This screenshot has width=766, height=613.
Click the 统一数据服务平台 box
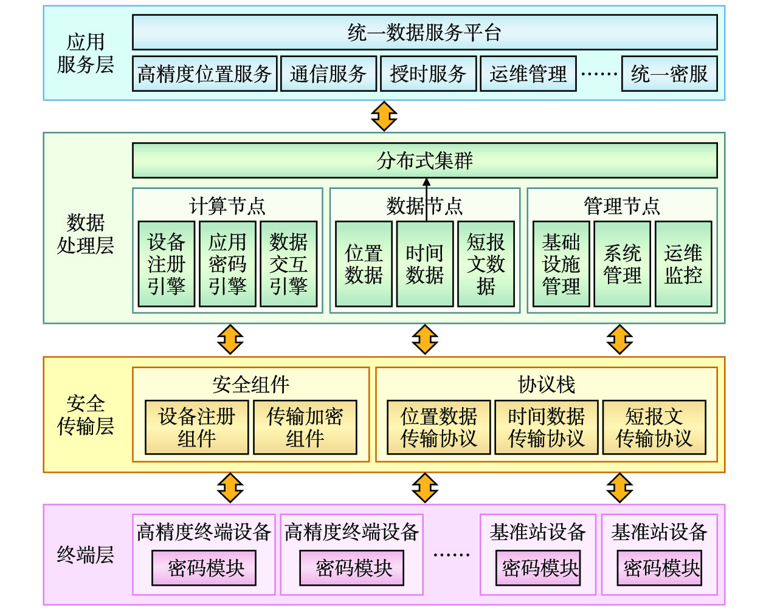(424, 32)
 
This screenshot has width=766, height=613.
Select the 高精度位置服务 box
(204, 74)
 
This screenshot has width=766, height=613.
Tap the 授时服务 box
(428, 74)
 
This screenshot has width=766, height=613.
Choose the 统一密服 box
(669, 74)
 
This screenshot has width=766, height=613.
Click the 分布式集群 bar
(424, 160)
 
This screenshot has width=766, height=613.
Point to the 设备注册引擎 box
(167, 264)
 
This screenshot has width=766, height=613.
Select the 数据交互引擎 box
(288, 264)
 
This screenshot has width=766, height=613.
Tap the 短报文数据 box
(486, 264)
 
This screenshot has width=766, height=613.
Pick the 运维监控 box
(683, 264)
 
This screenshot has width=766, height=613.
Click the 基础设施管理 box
(561, 264)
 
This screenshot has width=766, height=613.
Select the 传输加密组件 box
(305, 427)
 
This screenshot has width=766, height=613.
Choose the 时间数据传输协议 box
(546, 427)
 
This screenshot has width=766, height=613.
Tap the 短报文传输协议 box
(654, 427)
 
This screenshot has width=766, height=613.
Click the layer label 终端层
(86, 555)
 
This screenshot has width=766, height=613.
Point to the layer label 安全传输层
(86, 415)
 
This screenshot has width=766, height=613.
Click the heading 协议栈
(546, 384)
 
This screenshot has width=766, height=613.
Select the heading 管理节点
(621, 206)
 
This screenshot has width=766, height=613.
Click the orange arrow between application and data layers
(384, 116)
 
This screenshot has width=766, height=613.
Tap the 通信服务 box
(328, 74)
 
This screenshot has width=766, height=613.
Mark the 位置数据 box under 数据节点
(364, 264)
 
